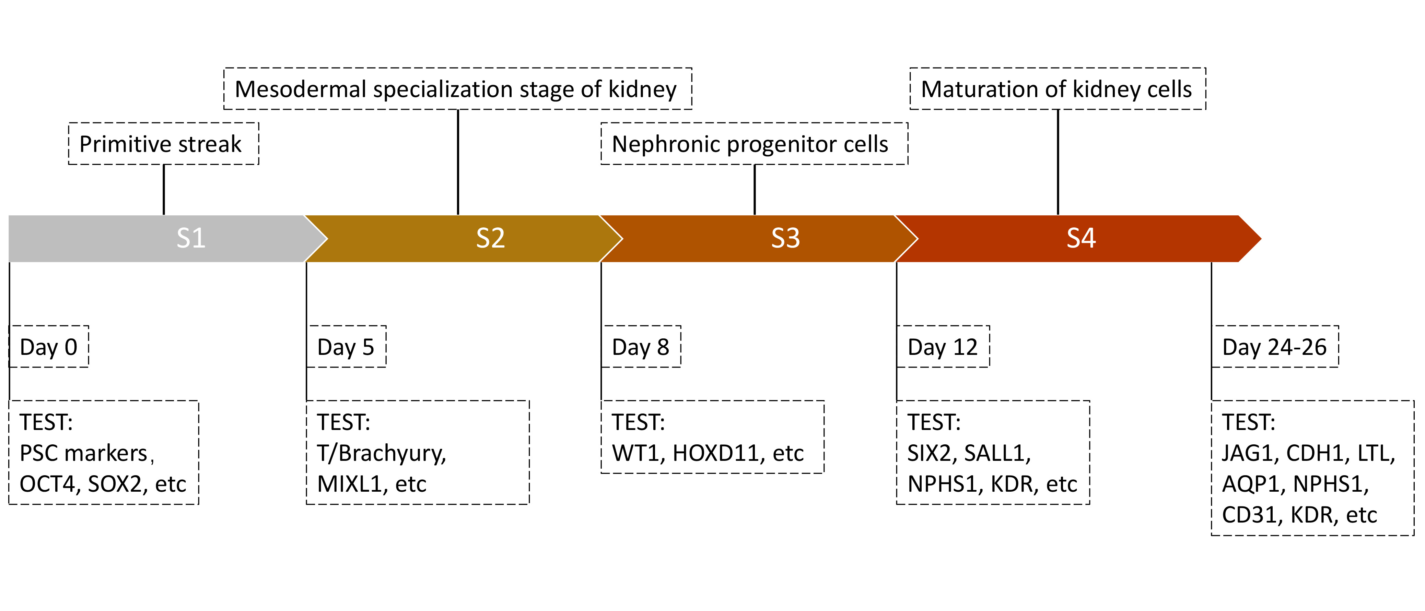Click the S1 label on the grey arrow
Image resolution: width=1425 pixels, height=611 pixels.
coord(191,238)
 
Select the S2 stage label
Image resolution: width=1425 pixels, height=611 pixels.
coord(491,238)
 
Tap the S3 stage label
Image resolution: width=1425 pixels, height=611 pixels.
coord(785,238)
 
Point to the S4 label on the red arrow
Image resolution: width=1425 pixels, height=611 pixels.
coord(1081,238)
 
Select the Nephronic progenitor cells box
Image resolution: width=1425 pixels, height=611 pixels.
coord(755,144)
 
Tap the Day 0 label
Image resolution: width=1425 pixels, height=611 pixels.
coord(49,347)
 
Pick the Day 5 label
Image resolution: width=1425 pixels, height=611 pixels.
coord(346,347)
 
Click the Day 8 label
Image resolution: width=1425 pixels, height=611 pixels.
coord(641,347)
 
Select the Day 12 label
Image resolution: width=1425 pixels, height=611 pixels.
coord(943,347)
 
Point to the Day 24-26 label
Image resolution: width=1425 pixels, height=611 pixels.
coord(1274,347)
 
